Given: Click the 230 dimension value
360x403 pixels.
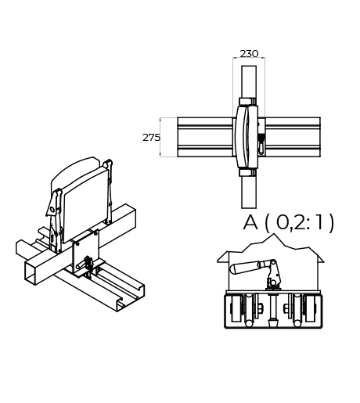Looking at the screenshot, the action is click(x=249, y=54).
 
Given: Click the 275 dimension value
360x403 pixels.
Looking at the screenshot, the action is click(x=151, y=138).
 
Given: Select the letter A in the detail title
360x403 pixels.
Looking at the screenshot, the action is click(x=250, y=222).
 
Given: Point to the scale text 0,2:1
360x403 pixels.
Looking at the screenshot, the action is click(x=299, y=222).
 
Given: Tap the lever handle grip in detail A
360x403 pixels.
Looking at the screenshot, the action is click(x=244, y=268).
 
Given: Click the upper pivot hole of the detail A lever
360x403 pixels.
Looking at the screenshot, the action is click(x=273, y=263).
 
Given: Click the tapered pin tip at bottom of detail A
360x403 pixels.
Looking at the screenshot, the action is click(x=273, y=324).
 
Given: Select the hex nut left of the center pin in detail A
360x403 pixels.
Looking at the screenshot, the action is click(x=259, y=308).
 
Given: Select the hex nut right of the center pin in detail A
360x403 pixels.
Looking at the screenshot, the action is click(x=286, y=308).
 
